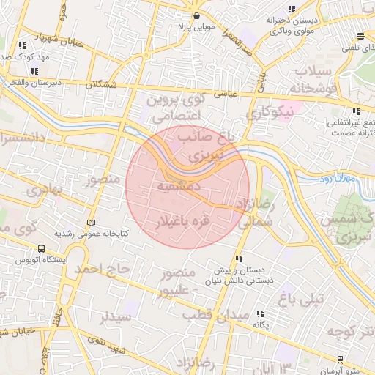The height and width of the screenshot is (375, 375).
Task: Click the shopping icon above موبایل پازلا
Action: [196, 15]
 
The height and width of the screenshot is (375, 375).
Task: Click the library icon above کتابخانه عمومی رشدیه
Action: [91, 222]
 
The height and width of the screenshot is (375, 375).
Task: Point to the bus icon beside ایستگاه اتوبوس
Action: [41, 249]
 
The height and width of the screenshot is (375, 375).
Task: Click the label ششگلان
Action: [100, 85]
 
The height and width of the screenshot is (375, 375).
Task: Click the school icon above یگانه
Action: [258, 314]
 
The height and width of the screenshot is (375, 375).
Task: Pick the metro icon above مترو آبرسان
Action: [340, 359]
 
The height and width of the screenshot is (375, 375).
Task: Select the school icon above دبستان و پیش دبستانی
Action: [239, 259]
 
